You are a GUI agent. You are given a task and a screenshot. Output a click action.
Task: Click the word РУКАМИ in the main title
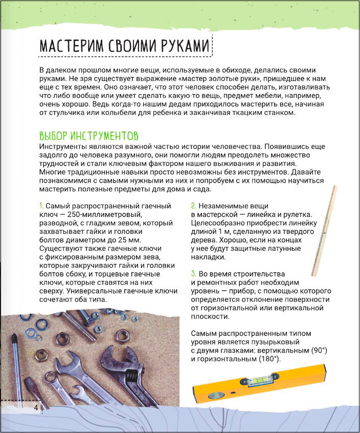pyautogui.click(x=179, y=46)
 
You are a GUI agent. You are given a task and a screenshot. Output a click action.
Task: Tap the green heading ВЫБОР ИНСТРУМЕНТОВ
pyautogui.click(x=88, y=137)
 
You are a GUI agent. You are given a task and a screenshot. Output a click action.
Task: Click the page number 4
pyautogui.click(x=36, y=407)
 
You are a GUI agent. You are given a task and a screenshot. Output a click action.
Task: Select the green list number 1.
pyautogui.click(x=40, y=205)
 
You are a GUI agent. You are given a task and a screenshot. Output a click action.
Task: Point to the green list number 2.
pyautogui.click(x=193, y=205)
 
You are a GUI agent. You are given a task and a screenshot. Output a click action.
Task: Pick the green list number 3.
pyautogui.click(x=193, y=273)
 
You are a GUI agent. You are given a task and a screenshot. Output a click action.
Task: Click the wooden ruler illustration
pyautogui.click(x=325, y=230)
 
